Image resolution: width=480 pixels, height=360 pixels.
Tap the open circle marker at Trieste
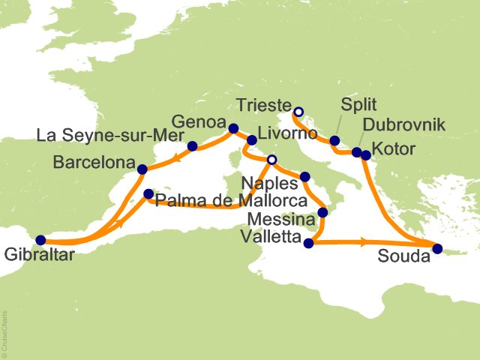pos(298,112)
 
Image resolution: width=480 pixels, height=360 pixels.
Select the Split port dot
pos(334,140)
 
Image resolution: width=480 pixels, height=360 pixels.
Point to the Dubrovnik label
pos(394,124)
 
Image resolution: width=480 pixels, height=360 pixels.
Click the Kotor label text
pos(394,150)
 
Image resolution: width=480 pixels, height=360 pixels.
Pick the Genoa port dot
pos(232,127)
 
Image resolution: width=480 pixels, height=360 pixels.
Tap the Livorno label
pos(283,133)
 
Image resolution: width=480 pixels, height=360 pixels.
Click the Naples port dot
pos(304,177)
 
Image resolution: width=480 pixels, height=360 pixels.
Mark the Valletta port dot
pos(307,242)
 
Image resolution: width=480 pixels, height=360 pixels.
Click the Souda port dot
pos(438,249)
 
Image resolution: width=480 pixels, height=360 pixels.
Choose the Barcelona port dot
pos(142,169)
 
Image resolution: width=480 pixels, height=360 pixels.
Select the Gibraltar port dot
pos(40,240)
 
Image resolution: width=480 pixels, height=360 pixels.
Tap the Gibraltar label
pos(32,254)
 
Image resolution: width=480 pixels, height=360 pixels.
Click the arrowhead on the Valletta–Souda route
pos(363,241)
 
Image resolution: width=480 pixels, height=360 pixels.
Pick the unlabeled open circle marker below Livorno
pos(271,159)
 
